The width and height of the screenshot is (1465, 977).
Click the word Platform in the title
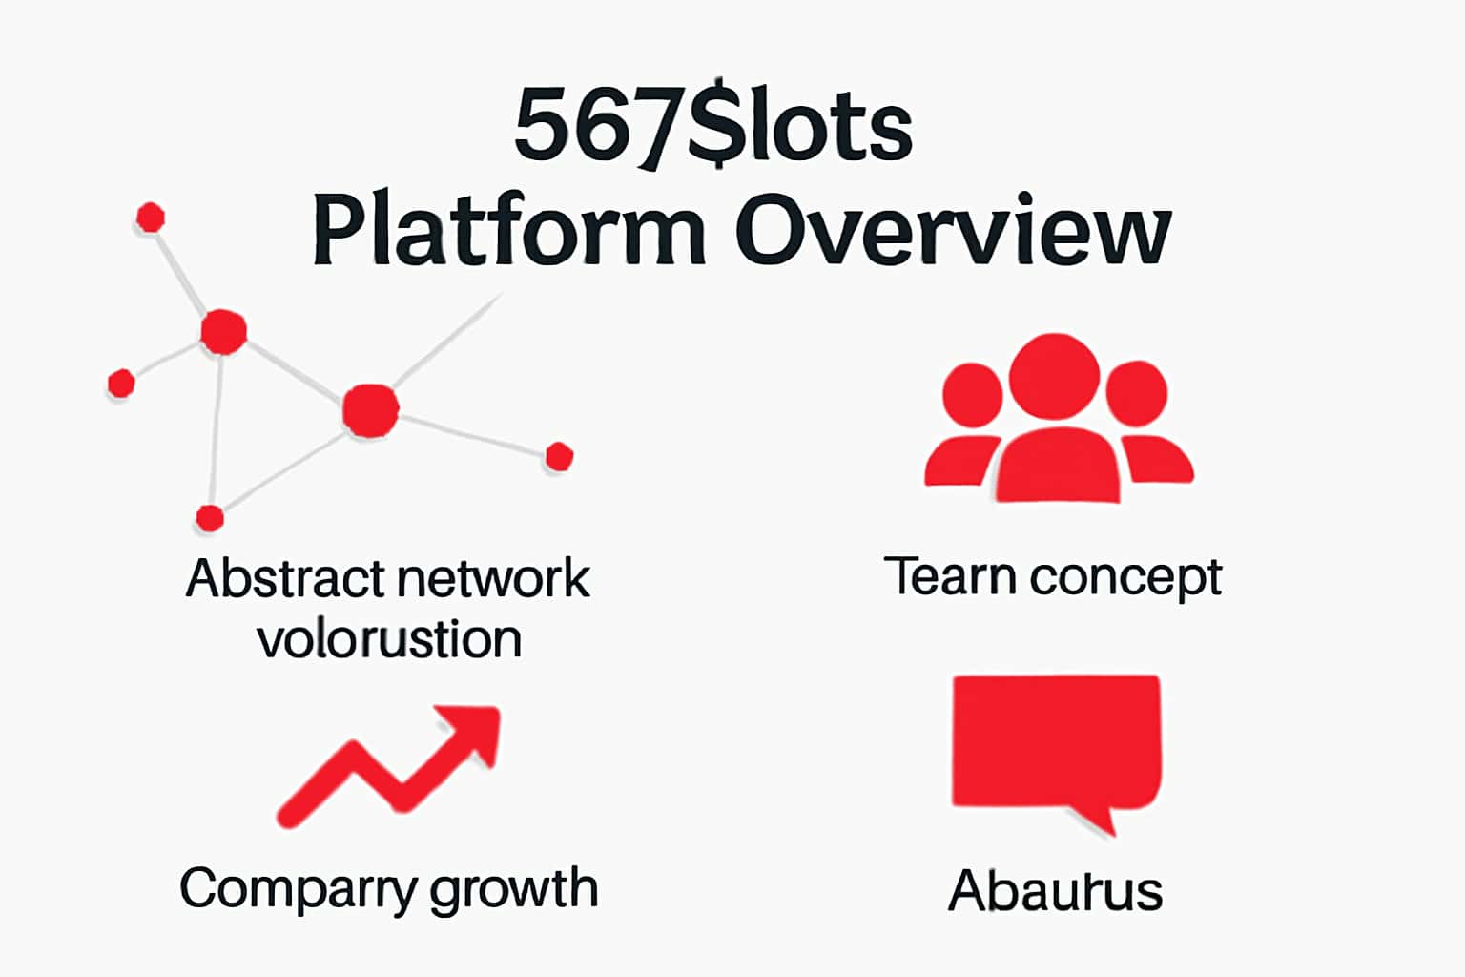[507, 232]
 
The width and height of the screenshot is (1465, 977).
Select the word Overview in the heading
[952, 232]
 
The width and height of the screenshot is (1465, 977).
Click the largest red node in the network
[370, 410]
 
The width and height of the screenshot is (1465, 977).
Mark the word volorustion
[389, 639]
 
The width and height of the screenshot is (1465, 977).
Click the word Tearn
[949, 576]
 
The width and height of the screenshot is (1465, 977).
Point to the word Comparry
[298, 889]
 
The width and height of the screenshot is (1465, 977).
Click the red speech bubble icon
[1056, 742]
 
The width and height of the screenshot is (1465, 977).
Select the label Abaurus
[1055, 891]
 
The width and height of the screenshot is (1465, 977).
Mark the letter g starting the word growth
[444, 893]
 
